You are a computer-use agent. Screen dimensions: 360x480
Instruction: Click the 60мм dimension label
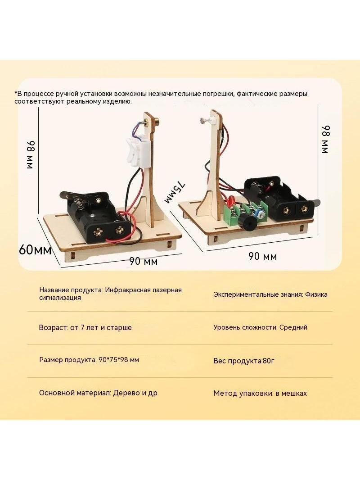(x=35, y=250)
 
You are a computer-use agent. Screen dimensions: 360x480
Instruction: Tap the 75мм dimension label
(x=175, y=193)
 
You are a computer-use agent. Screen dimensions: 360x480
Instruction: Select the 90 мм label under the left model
(x=143, y=261)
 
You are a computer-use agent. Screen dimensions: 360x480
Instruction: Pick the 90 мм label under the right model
(x=262, y=256)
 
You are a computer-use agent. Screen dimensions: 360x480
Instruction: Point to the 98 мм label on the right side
(x=325, y=139)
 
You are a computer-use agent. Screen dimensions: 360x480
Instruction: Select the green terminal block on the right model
(x=237, y=213)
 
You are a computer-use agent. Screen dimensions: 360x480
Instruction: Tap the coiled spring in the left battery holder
(x=78, y=204)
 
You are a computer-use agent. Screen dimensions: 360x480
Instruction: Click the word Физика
(x=316, y=294)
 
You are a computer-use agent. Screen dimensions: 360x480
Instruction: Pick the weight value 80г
(x=269, y=361)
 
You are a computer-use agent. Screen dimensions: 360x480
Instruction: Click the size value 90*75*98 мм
(x=119, y=360)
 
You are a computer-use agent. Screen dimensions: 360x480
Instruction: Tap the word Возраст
(x=53, y=327)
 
